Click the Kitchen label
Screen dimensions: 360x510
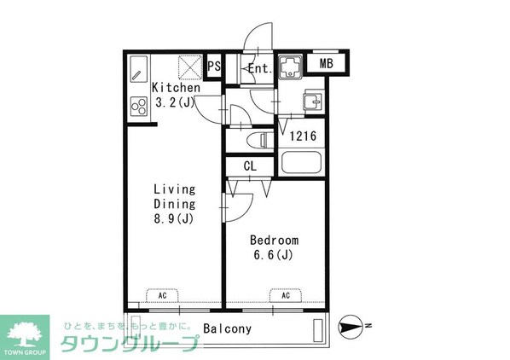(176, 88)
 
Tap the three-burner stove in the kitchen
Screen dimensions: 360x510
(138, 105)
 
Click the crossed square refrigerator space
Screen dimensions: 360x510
(189, 67)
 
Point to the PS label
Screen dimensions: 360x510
(215, 66)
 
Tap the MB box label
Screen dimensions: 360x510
(327, 63)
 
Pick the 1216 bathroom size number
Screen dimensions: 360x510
(303, 135)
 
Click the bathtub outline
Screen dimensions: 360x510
(300, 162)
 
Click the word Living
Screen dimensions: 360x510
(175, 189)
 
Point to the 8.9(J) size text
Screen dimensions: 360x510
(175, 218)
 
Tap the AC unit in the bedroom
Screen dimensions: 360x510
(287, 295)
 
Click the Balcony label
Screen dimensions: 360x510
(227, 328)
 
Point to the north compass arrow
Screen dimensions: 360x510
(351, 324)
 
